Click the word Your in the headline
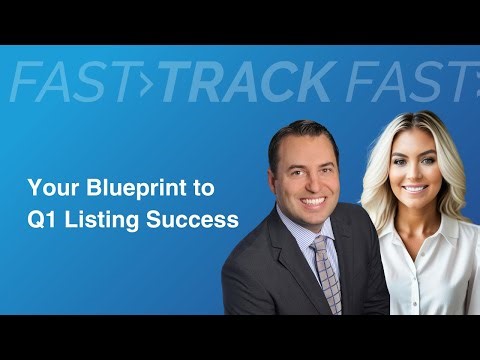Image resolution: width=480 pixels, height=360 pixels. tap(46, 187)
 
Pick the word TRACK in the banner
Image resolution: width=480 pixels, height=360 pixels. tap(244, 81)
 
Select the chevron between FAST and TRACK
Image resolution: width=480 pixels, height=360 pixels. tap(151, 82)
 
